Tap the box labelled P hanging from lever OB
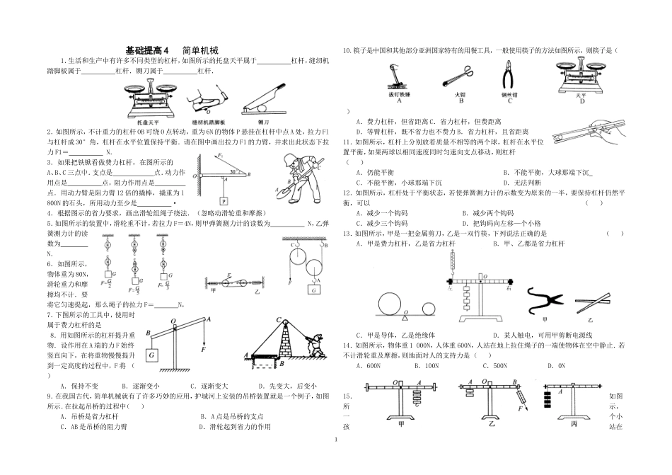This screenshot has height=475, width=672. click(224, 200)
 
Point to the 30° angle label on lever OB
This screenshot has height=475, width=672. click(242, 170)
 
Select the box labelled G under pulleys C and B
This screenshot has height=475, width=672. click(311, 288)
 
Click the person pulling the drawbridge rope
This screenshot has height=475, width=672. click(317, 347)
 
